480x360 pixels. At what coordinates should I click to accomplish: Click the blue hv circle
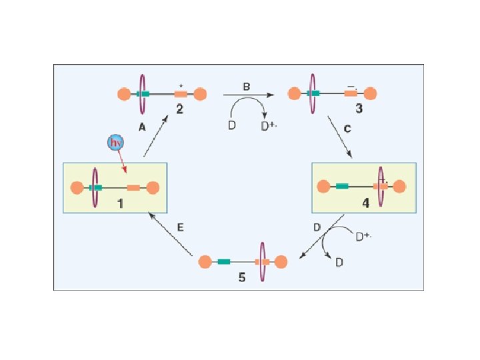115,142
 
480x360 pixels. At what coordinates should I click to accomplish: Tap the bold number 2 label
179,110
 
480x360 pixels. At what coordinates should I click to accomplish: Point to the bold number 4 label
365,203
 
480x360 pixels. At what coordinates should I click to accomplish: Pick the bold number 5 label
242,277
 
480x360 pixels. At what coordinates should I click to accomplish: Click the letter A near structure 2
142,127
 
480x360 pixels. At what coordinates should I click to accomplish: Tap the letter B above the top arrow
246,87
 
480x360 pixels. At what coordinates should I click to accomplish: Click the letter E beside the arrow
180,227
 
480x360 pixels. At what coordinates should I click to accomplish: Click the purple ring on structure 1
95,188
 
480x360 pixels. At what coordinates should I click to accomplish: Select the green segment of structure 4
343,186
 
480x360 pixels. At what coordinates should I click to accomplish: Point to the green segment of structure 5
224,261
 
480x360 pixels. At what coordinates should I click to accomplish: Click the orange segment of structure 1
133,188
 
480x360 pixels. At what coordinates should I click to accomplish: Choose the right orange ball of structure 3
371,94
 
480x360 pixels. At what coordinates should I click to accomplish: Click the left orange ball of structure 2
123,94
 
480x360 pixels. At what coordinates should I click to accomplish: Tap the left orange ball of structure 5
205,261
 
